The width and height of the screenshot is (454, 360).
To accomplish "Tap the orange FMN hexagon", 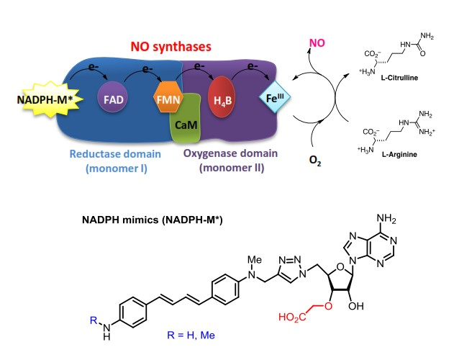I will [168, 96].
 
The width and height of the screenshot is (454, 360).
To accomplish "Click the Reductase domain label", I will [112, 154].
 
